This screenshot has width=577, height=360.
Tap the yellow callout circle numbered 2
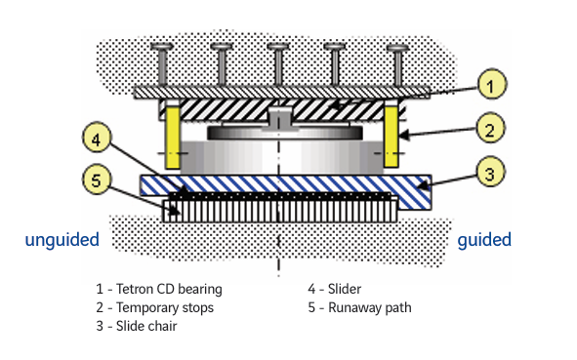pyautogui.click(x=490, y=129)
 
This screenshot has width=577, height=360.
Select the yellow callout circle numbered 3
pyautogui.click(x=490, y=173)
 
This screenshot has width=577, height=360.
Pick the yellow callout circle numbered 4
pyautogui.click(x=97, y=139)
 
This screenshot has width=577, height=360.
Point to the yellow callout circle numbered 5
pyautogui.click(x=96, y=180)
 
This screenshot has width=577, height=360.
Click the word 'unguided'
pyautogui.click(x=62, y=239)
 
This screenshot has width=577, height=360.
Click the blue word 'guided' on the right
pyautogui.click(x=484, y=239)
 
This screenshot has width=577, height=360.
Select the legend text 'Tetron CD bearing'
pyautogui.click(x=169, y=289)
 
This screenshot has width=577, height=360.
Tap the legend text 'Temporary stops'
pyautogui.click(x=165, y=307)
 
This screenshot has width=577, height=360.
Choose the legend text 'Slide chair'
pyautogui.click(x=146, y=326)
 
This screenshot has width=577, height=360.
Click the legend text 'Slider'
pyautogui.click(x=345, y=289)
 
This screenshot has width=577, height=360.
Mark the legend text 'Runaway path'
pyautogui.click(x=370, y=307)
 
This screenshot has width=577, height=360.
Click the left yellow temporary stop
pyautogui.click(x=172, y=138)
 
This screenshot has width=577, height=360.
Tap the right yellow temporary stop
pyautogui.click(x=392, y=137)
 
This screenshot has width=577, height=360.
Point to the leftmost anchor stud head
pyautogui.click(x=162, y=46)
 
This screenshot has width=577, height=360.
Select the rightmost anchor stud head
pyautogui.click(x=397, y=48)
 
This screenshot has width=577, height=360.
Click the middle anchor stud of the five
pyautogui.click(x=278, y=64)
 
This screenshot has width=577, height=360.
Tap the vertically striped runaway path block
pyautogui.click(x=280, y=211)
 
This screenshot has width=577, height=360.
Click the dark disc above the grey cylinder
pyautogui.click(x=285, y=133)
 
